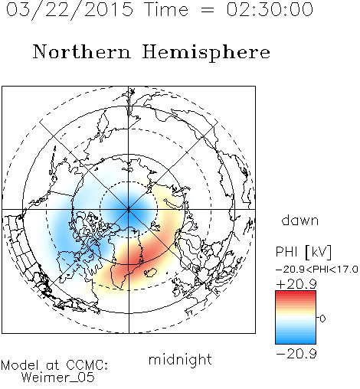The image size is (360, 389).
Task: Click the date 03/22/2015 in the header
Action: pos(70,10)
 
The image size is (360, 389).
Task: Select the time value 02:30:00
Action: pos(270,9)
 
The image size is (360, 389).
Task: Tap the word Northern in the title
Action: pos(82,52)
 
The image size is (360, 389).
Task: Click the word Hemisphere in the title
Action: pos(206,52)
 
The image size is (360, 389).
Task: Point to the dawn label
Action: pos(300,220)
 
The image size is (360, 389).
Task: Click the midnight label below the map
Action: pos(180,360)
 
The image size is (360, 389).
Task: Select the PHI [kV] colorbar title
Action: pos(303,252)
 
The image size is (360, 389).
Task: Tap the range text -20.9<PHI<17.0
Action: pos(317,270)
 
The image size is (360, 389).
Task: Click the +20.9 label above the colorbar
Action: pos(296,284)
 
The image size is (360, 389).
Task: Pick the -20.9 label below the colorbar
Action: pos(296,354)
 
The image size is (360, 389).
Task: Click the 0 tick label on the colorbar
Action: pos(322,319)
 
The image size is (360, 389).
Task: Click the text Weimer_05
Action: pos(58,378)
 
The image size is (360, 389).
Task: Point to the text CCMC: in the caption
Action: pos(87,365)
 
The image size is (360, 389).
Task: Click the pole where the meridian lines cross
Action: pos(129,209)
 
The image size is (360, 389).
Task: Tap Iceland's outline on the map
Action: pos(150,273)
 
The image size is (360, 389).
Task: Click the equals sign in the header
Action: pos(208,10)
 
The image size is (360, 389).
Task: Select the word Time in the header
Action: pos(166,9)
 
